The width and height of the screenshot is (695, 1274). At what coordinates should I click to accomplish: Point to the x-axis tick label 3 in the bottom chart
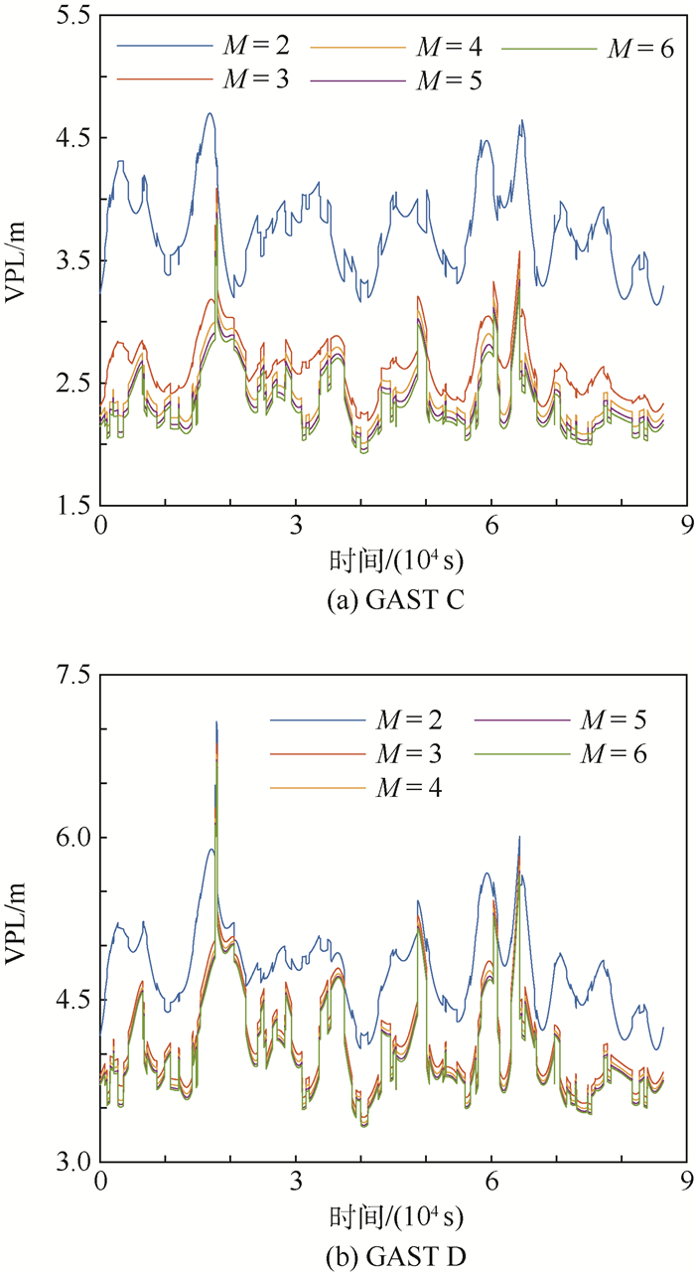(x=295, y=1183)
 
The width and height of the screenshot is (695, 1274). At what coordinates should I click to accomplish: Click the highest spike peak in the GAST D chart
(x=216, y=722)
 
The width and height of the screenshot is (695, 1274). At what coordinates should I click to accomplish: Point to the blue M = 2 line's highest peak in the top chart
(x=209, y=113)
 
